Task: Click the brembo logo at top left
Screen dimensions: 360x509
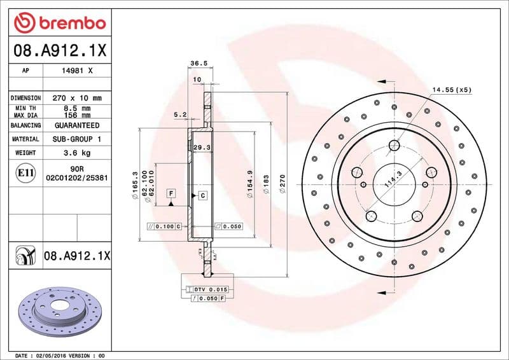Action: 59,23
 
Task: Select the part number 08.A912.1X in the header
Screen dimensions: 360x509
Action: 59,49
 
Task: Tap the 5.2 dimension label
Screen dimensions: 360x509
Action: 179,114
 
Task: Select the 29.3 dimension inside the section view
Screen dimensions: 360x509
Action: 202,147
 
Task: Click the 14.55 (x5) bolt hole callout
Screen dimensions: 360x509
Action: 452,90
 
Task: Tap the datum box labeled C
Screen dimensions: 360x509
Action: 202,195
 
